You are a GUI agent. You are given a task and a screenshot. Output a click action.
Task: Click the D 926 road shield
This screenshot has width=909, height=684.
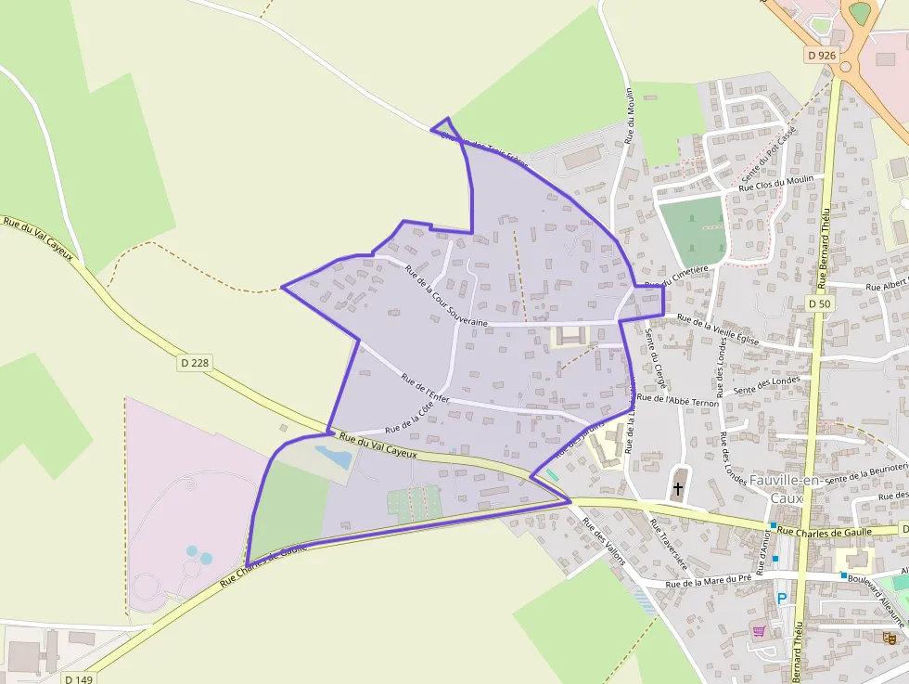coord(821,56)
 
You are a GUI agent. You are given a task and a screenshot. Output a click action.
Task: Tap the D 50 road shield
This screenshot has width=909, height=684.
coord(818,303)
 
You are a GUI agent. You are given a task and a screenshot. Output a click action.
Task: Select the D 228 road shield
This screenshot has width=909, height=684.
coord(193,363)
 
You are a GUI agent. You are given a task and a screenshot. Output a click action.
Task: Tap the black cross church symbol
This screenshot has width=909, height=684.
coord(678,488)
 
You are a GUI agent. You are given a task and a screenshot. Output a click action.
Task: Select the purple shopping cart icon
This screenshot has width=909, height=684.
coord(759,632)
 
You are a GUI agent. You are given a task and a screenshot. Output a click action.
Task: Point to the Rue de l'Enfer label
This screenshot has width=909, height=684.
coord(425,388)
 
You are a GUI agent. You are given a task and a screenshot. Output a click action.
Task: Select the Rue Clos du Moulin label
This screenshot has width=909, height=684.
coord(775,184)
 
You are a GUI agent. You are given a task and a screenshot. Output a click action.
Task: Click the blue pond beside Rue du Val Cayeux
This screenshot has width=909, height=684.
coord(333,456)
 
